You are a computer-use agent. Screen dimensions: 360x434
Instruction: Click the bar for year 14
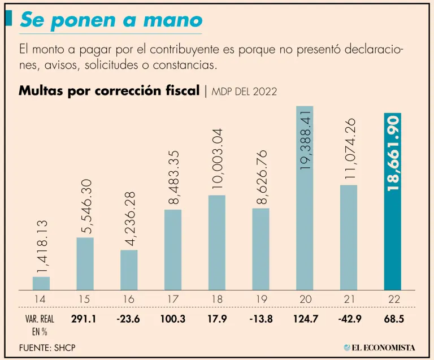coord(41,283)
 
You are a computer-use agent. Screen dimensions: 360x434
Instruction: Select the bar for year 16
coord(129,270)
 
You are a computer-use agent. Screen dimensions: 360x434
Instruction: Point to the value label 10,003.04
coord(218,159)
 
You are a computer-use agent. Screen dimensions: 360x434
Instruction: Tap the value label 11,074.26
coord(349,149)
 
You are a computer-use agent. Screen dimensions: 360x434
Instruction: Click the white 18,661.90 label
coord(393,152)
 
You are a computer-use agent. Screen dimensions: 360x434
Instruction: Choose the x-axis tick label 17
coord(173,298)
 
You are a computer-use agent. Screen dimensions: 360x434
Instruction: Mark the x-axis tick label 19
coord(261,298)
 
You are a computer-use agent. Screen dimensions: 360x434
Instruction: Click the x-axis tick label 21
coord(348,298)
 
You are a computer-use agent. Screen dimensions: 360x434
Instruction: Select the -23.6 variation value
coord(128,319)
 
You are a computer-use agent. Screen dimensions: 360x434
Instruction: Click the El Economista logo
coord(380,347)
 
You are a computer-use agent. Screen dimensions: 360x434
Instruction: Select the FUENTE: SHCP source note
coord(46,347)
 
